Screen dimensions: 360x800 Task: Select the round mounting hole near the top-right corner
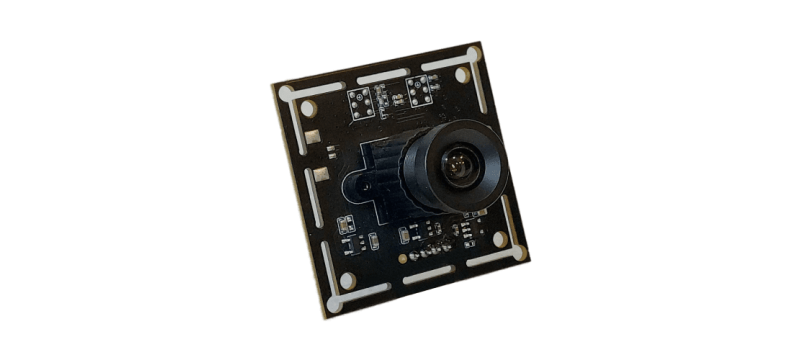(462, 74)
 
